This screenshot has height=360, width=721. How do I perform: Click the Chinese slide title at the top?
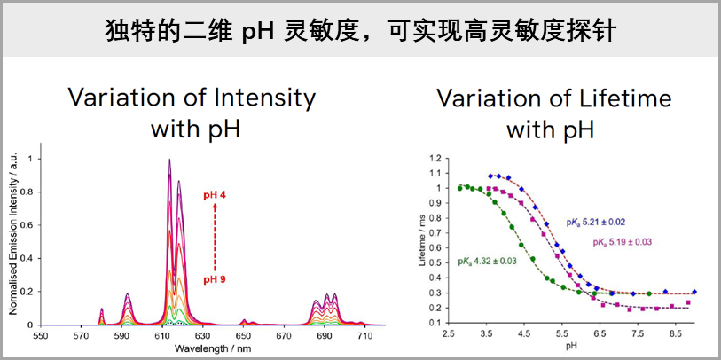pyautogui.click(x=360, y=30)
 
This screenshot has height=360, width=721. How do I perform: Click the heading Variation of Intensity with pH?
pyautogui.click(x=192, y=113)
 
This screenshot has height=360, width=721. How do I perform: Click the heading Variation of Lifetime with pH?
pyautogui.click(x=554, y=113)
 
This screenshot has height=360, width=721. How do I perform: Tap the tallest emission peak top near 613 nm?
pyautogui.click(x=169, y=160)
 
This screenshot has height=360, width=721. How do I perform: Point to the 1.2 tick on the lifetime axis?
pyautogui.click(x=435, y=158)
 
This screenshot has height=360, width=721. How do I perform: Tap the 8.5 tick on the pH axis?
pyautogui.click(x=675, y=337)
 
